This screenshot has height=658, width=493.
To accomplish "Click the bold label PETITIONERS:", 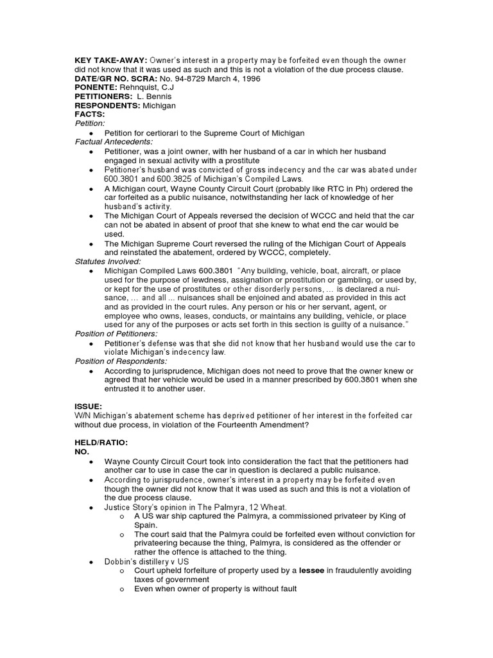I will (107, 96).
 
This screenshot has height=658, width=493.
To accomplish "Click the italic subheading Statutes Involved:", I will (106, 262).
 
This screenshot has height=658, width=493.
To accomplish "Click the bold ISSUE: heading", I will (88, 407).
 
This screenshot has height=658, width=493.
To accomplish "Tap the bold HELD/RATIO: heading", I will (101, 443).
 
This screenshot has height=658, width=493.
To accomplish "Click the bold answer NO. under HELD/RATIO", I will (83, 452).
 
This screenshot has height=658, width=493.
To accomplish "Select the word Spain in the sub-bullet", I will (146, 525).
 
